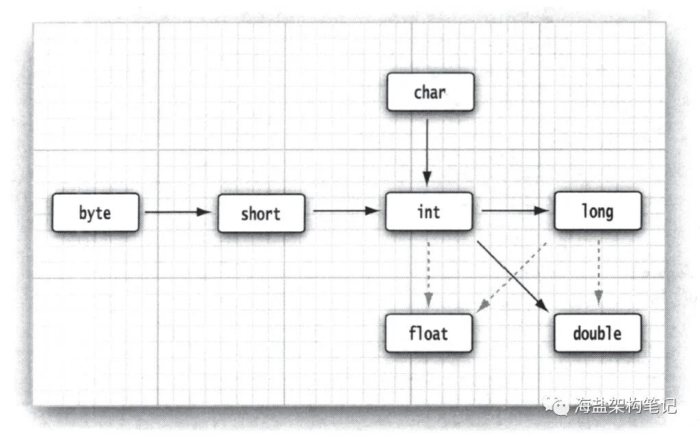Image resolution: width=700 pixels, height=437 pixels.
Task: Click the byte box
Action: (x=95, y=213)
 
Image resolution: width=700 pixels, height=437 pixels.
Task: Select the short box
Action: (x=261, y=213)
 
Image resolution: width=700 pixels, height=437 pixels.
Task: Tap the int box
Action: (x=429, y=211)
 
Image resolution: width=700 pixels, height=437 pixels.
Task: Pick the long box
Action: (x=597, y=211)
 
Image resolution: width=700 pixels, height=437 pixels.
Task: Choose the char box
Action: (x=430, y=92)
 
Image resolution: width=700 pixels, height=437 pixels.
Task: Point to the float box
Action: (x=429, y=333)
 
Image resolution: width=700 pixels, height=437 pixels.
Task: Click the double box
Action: (x=597, y=333)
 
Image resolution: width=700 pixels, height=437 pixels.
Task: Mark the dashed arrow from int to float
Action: (x=428, y=272)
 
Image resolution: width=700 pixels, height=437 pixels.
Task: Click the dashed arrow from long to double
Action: (x=598, y=272)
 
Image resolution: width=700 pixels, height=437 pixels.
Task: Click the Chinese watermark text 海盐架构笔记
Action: (x=627, y=405)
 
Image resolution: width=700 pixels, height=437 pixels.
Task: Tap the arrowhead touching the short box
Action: (x=205, y=213)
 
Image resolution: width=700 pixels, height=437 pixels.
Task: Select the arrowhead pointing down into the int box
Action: (x=427, y=180)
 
